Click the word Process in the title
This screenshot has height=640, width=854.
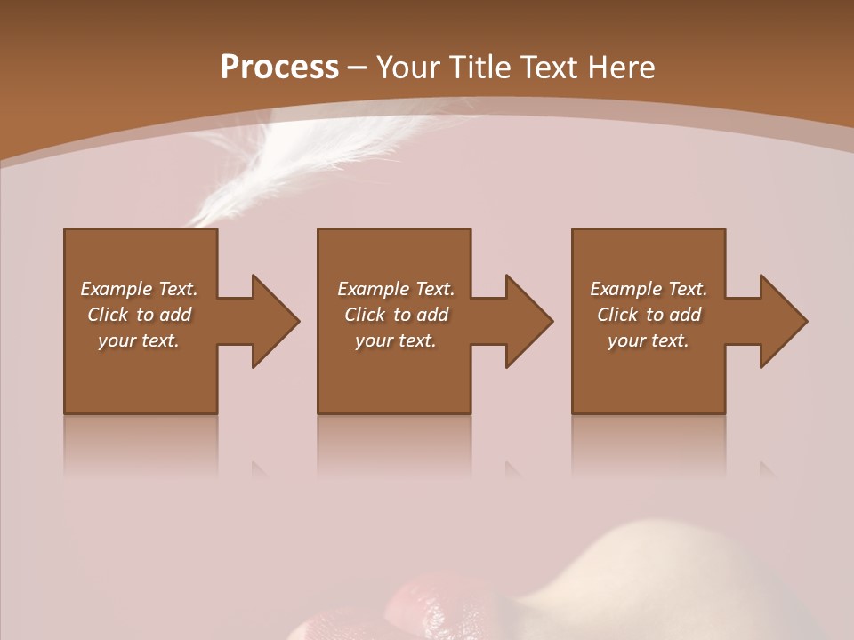pyautogui.click(x=279, y=68)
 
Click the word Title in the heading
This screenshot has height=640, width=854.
pyautogui.click(x=478, y=68)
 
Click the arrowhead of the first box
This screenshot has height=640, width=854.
pyautogui.click(x=275, y=321)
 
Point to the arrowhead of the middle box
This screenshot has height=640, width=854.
pyautogui.click(x=528, y=321)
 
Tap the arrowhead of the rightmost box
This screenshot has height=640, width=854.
pyautogui.click(x=783, y=321)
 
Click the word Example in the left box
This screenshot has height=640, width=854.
pyautogui.click(x=117, y=289)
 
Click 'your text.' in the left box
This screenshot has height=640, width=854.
pyautogui.click(x=139, y=340)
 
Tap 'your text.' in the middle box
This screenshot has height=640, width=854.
pyautogui.click(x=395, y=340)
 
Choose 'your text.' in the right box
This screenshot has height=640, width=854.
pyautogui.click(x=649, y=340)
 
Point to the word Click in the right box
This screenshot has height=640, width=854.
pyautogui.click(x=618, y=315)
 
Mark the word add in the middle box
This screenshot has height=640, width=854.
pyautogui.click(x=432, y=315)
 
